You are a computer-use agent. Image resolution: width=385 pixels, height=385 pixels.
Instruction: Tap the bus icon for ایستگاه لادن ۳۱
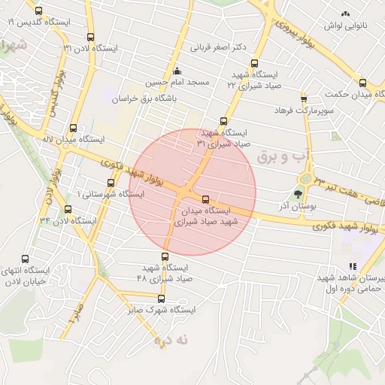coord(91,37)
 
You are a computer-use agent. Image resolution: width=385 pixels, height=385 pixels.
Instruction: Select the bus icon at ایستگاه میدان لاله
coord(73,128)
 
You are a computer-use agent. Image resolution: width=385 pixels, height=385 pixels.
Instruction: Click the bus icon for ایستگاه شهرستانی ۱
coord(111,183)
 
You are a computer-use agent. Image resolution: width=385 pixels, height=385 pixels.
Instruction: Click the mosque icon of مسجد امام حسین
coord(177,71)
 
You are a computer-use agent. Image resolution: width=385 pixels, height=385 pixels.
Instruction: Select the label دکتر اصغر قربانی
coord(218,47)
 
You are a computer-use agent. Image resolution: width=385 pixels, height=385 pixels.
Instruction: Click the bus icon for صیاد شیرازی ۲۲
coord(254,64)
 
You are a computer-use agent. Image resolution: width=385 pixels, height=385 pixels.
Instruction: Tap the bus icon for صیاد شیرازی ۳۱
coord(223,121)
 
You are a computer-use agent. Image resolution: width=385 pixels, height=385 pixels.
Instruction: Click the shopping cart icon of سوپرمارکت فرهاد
coord(304,99)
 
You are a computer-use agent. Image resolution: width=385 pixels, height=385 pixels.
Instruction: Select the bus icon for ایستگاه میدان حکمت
coord(362,83)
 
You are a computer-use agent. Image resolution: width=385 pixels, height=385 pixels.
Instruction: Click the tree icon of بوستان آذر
coord(308,194)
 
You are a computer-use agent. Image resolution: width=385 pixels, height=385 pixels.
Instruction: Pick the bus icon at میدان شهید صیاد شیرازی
coord(206,199)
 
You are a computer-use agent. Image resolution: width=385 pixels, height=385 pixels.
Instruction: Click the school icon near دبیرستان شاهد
coord(352,266)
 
